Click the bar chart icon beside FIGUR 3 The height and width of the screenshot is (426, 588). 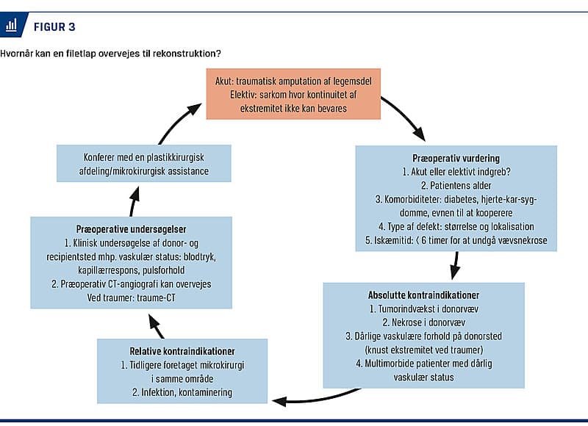[11, 26]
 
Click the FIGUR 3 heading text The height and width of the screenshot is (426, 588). [54, 27]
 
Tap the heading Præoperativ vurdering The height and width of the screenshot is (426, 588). [455, 159]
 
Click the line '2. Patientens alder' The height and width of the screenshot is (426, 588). [455, 186]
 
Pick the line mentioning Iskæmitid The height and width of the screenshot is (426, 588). [455, 239]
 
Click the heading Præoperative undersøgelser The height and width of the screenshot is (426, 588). [130, 229]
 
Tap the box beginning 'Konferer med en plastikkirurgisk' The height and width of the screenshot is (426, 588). [143, 164]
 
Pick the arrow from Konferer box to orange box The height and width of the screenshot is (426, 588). [176, 121]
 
